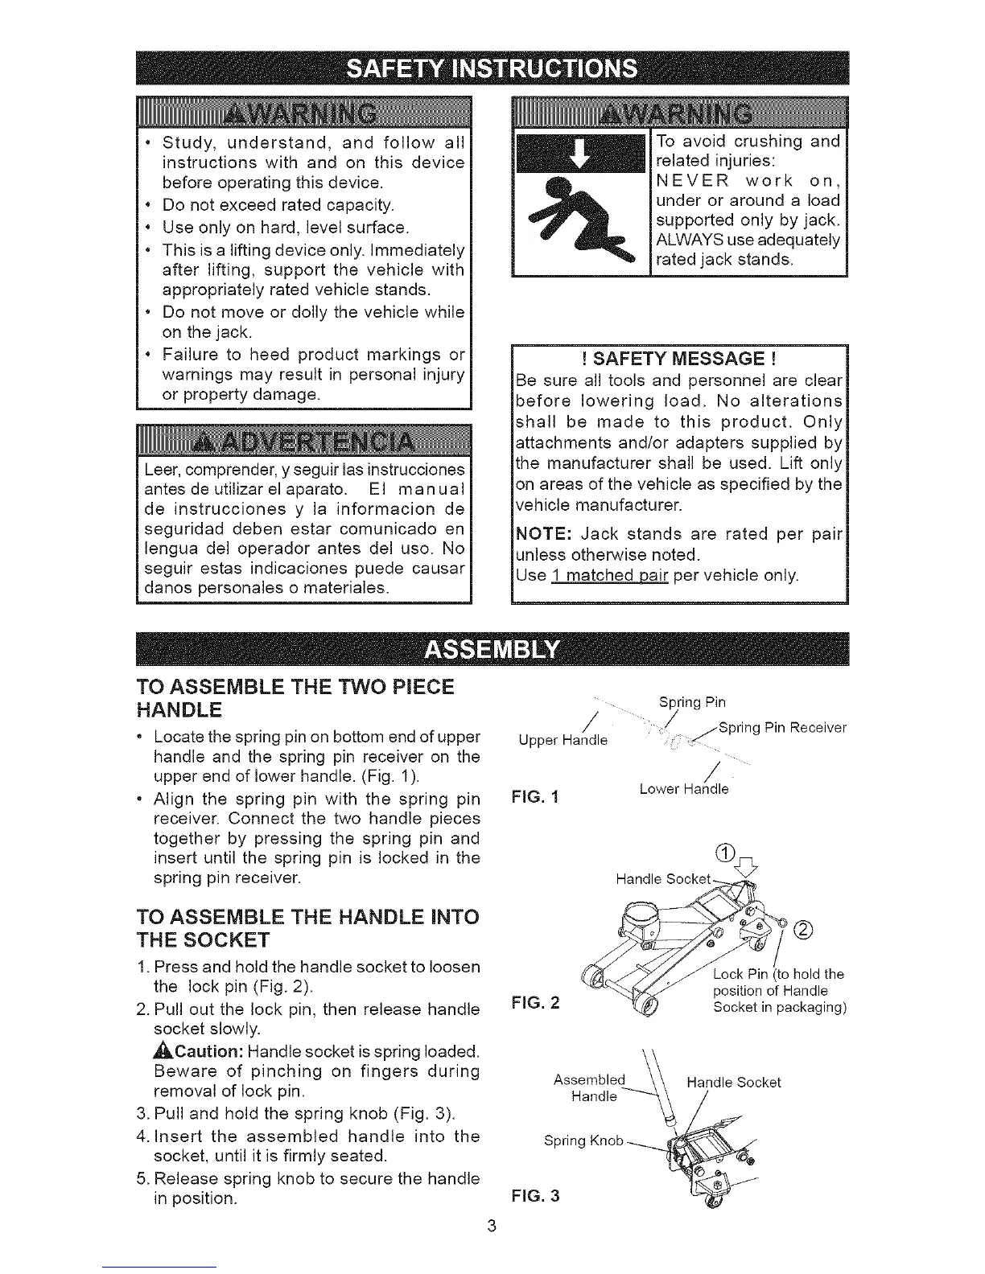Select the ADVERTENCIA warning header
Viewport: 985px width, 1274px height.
tap(303, 442)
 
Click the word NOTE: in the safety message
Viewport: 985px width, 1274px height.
tap(543, 534)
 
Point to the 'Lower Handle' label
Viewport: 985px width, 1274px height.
tap(684, 790)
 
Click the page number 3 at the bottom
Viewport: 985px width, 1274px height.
tap(492, 1226)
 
